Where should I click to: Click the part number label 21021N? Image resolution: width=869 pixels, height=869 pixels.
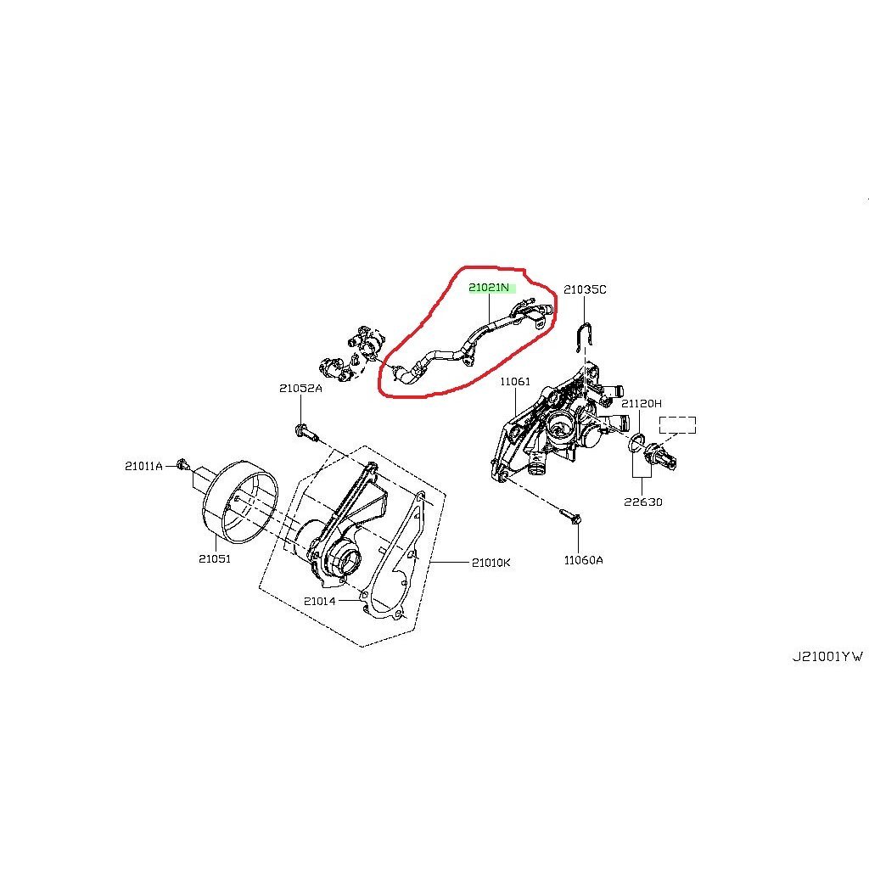click(x=491, y=288)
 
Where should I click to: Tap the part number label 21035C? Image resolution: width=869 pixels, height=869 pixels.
click(x=586, y=289)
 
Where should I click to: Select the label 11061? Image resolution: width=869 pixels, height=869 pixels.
click(x=515, y=382)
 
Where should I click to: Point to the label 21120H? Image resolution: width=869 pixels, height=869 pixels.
click(x=642, y=404)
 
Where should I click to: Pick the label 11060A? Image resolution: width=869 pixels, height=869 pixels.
click(x=583, y=560)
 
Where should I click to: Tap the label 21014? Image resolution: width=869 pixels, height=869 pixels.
click(x=320, y=601)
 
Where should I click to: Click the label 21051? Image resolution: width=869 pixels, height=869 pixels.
click(x=215, y=558)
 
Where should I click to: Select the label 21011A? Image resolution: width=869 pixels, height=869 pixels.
click(x=143, y=465)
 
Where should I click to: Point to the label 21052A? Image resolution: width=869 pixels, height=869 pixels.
click(x=300, y=389)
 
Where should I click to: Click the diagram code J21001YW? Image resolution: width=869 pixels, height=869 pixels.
click(x=827, y=656)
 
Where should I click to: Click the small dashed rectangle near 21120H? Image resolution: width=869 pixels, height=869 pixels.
click(x=677, y=424)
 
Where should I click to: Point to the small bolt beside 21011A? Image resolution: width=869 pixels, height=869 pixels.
click(x=182, y=464)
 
